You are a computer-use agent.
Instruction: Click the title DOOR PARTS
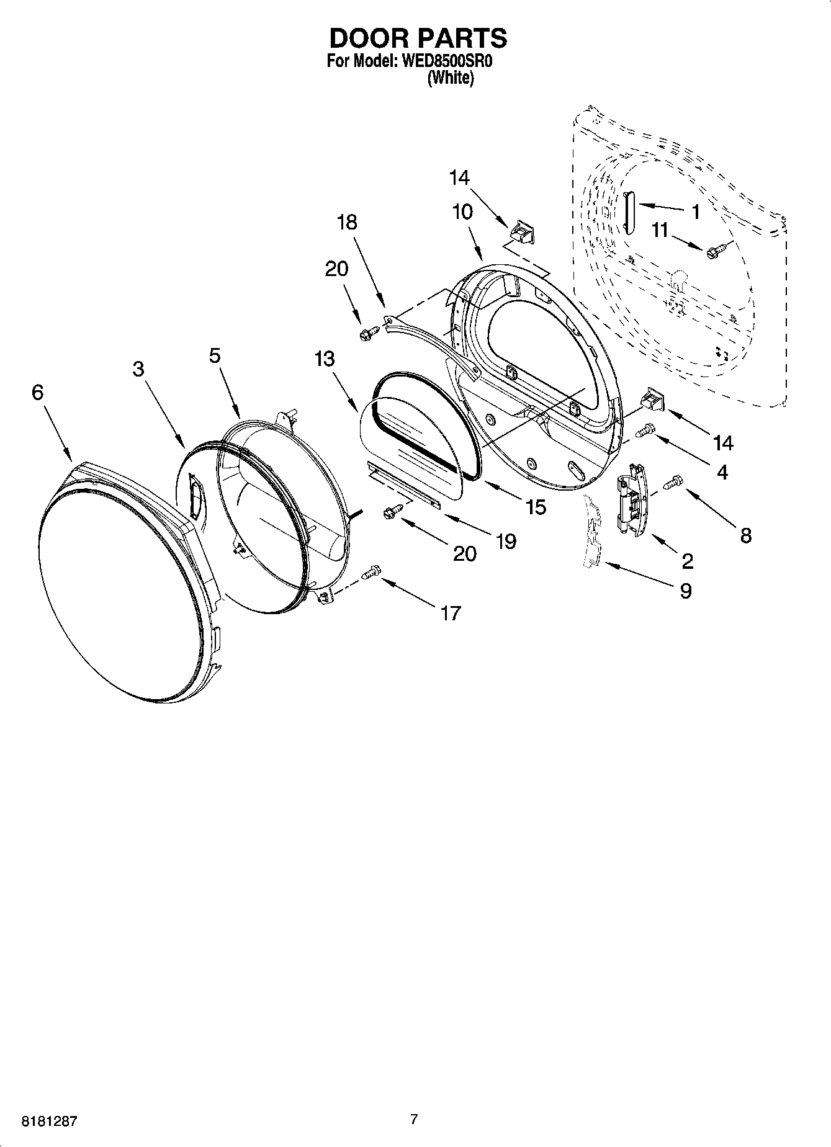[x=417, y=38]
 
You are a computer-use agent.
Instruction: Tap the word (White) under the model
[x=451, y=79]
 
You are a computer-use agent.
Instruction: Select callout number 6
[x=38, y=392]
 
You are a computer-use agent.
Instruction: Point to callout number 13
[x=325, y=359]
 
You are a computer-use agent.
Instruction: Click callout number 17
[x=451, y=613]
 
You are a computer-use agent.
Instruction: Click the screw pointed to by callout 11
[x=712, y=251]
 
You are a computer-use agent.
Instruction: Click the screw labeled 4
[x=647, y=429]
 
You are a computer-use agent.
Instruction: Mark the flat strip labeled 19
[x=404, y=485]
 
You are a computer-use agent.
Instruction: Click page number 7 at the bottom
[x=414, y=1119]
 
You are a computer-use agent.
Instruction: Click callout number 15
[x=535, y=507]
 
